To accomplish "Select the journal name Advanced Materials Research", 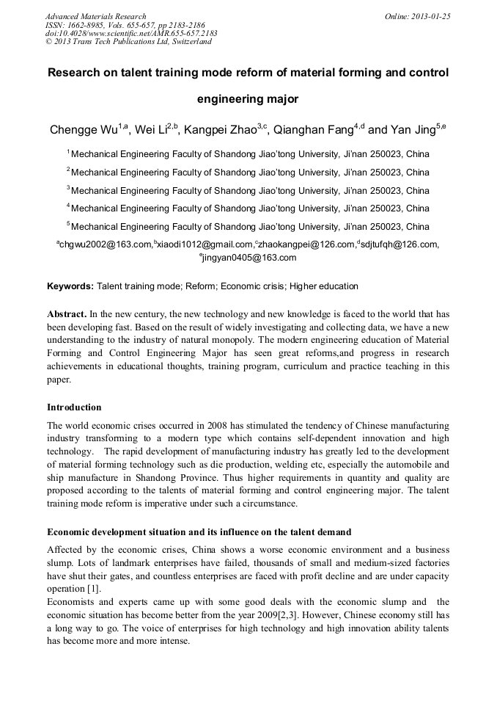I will coord(95,16).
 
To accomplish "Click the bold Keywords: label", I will coord(70,286).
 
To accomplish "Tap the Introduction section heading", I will coord(74,407).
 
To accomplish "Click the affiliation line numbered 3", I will coord(248,191).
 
